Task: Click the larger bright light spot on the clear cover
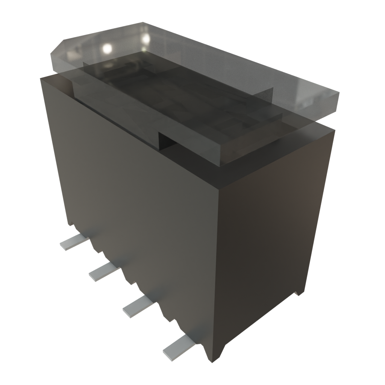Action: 107,48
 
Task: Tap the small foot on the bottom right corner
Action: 299,293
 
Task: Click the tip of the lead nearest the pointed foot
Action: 167,353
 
